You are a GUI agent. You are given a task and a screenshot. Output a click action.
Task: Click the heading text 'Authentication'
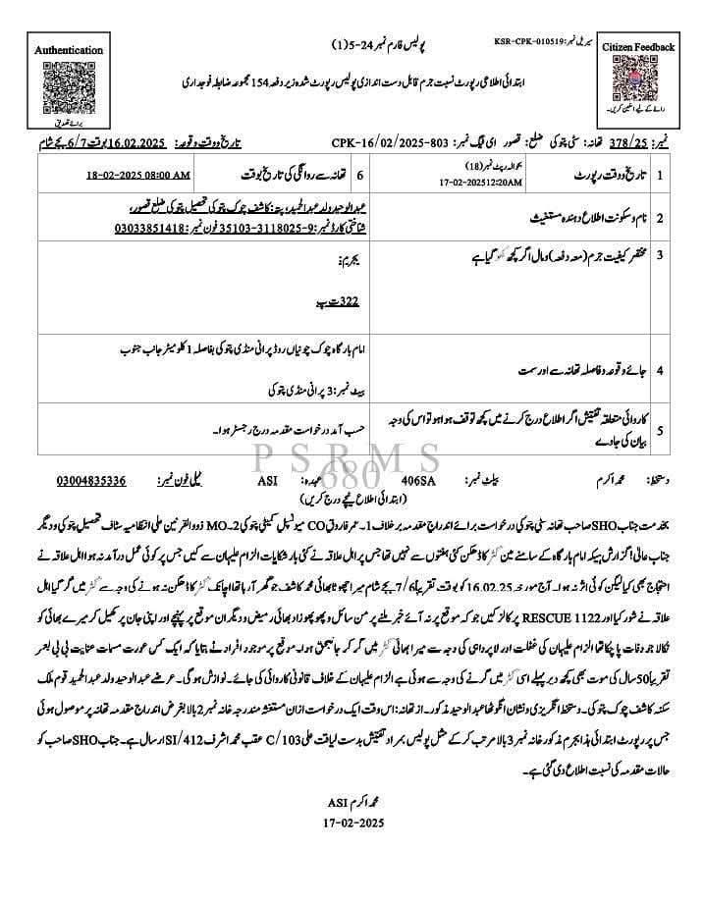pos(68,50)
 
